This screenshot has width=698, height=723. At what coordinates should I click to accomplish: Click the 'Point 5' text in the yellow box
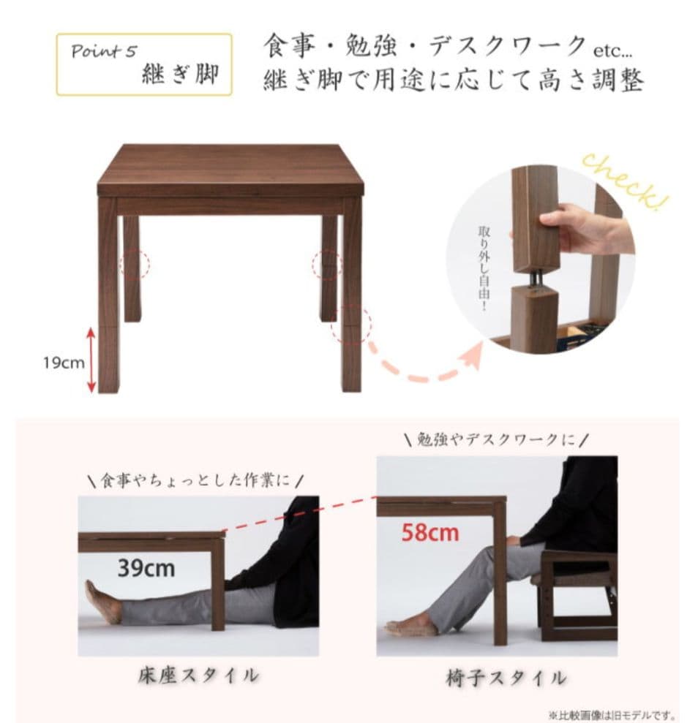103,52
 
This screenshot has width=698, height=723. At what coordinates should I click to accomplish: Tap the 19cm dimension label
64,363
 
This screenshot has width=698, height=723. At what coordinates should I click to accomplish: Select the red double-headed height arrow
91,360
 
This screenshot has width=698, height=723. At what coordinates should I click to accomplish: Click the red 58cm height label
430,531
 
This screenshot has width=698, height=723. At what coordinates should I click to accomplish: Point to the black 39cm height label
146,567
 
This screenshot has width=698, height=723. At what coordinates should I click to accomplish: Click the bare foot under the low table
103,602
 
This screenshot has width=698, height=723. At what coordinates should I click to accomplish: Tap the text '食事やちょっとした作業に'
196,480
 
